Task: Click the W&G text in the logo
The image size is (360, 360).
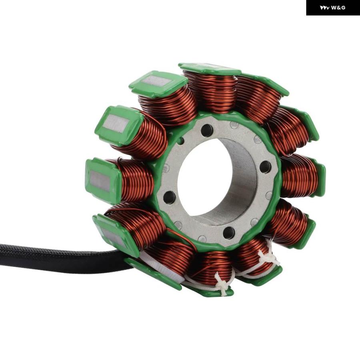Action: (338, 8)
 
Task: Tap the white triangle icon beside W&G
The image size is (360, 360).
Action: (325, 8)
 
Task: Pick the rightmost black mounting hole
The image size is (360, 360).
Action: (266, 167)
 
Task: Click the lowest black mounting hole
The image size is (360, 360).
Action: (229, 233)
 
